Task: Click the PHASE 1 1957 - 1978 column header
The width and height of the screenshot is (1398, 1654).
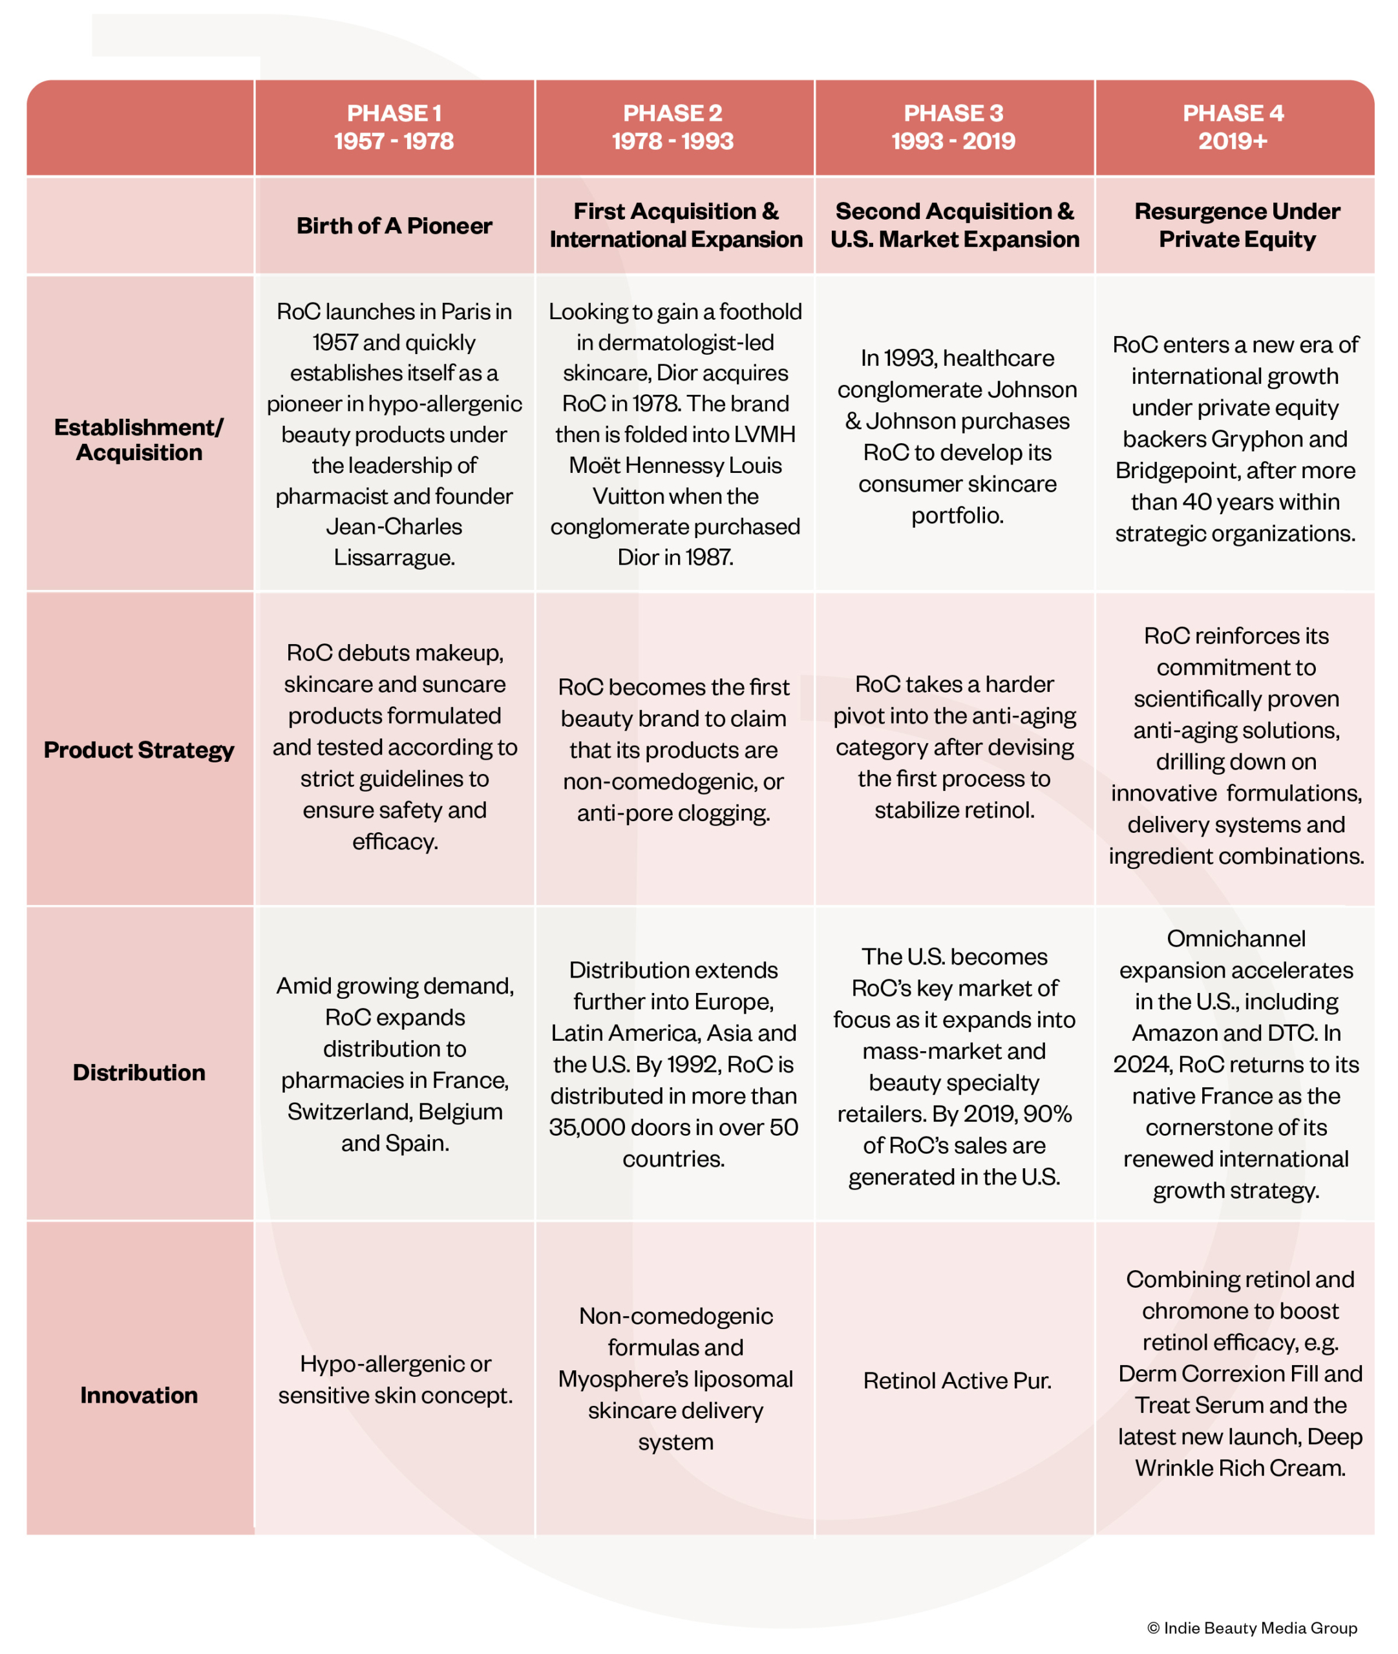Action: point(394,127)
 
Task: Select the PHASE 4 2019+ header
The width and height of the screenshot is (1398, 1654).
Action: point(1233,127)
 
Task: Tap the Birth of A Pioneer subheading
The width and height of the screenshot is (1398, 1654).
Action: point(394,225)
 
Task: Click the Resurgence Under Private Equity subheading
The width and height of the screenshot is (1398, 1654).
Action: point(1236,225)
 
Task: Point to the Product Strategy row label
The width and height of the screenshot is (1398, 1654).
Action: point(139,749)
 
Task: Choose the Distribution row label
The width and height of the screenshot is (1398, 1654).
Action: point(139,1072)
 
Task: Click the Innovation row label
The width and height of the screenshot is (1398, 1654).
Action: point(139,1394)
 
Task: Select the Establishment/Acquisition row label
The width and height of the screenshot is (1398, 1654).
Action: point(139,439)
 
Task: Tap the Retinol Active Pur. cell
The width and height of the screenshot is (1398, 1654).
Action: point(957,1381)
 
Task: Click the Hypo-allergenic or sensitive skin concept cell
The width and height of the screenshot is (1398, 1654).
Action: point(395,1379)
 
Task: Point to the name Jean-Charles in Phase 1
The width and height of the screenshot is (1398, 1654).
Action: point(394,527)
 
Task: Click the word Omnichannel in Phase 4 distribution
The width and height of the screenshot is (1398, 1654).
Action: point(1236,939)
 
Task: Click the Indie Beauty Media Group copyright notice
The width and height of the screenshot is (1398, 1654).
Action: point(1251,1628)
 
